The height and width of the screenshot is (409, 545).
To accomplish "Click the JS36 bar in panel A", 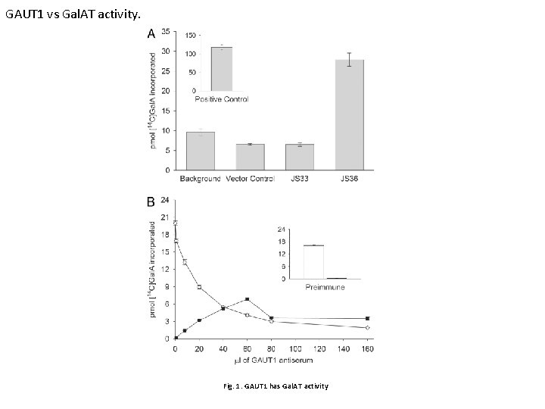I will pos(349,114).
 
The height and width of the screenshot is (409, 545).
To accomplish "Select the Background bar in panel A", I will pos(200,151).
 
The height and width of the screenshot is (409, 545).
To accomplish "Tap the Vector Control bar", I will pos(250,157).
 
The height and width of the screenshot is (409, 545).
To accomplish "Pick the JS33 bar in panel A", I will pos(299,157).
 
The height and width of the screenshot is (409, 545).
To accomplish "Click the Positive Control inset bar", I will pos(221,69).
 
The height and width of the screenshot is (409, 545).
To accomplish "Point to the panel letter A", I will pos(151,34).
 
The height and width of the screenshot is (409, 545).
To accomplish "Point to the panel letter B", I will pos(151,202).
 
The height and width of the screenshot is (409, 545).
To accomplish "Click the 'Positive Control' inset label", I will pos(221,99).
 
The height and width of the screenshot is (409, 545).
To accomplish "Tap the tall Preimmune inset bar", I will pos(313,262).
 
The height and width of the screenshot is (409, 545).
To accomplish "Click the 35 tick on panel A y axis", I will pos(166,31).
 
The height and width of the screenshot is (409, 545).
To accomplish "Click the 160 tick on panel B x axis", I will pos(367,348).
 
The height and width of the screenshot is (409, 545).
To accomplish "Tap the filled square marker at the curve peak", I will pos(247,299).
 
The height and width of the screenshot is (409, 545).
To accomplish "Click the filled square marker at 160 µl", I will pos(367,318).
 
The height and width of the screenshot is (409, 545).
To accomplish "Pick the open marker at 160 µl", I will pos(367,327).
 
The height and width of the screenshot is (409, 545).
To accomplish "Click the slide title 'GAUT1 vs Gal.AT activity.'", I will pos(72,14).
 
